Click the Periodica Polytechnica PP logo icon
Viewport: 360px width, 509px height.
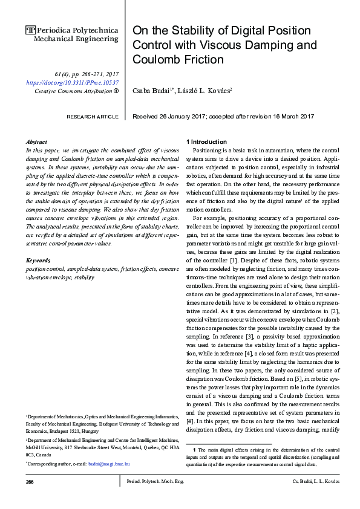tap(31, 29)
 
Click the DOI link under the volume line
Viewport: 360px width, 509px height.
tap(73, 82)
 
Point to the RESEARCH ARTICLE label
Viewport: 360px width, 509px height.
tap(92, 116)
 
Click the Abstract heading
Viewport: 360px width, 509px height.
tap(38, 140)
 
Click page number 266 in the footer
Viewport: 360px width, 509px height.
tap(30, 482)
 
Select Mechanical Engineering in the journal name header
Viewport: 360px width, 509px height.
tap(76, 39)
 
